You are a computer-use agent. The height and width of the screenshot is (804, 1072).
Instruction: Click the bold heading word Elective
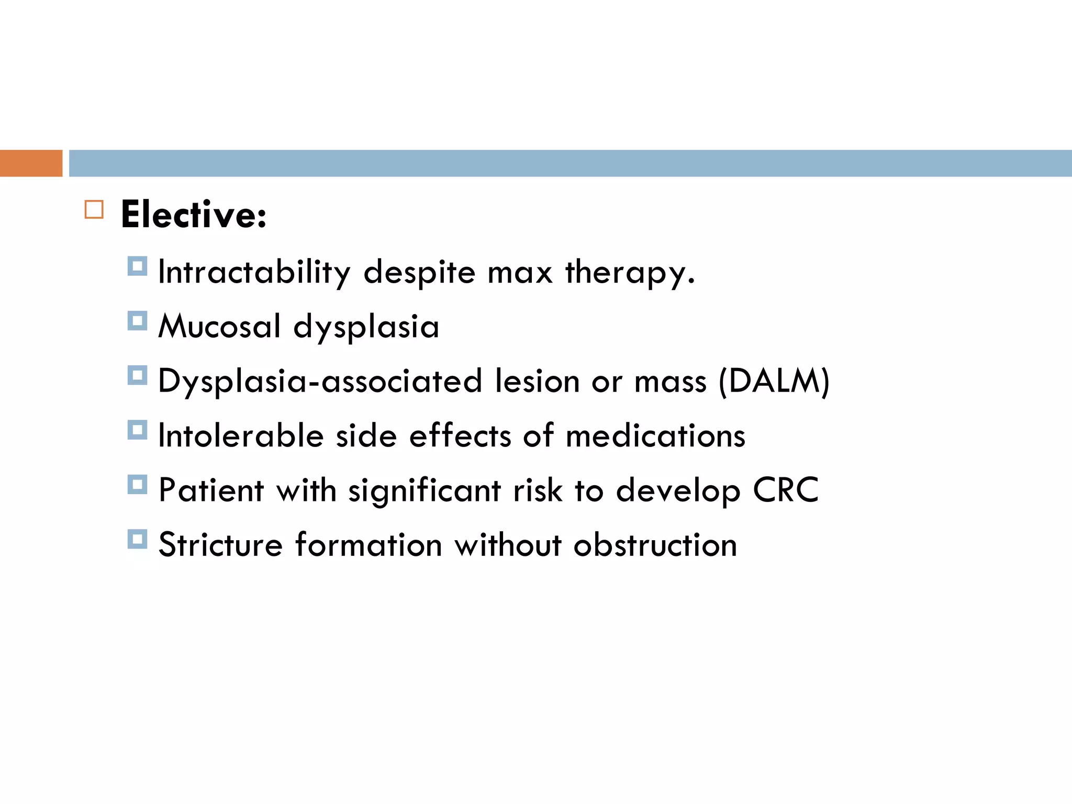click(193, 215)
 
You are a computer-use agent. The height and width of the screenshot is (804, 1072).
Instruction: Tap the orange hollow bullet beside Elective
click(94, 209)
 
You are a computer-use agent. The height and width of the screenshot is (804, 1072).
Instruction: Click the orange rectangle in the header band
click(31, 163)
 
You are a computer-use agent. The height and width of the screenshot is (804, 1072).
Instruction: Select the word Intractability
click(254, 272)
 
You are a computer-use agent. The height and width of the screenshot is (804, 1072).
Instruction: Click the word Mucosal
click(219, 327)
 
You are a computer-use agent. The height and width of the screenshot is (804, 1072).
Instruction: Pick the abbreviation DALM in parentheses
click(774, 381)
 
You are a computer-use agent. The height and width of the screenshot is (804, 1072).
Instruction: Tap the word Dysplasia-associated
click(320, 381)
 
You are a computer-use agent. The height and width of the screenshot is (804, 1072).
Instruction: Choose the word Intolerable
click(241, 435)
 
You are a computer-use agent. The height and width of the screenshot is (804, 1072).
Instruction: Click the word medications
click(655, 435)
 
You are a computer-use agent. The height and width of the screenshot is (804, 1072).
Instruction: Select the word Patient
click(211, 490)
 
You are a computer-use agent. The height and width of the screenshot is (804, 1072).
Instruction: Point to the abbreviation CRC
click(786, 490)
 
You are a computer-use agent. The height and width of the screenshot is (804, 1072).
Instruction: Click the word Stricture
click(220, 545)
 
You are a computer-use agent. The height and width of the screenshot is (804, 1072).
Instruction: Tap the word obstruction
click(655, 545)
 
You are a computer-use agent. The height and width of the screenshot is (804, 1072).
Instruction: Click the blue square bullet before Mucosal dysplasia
click(137, 321)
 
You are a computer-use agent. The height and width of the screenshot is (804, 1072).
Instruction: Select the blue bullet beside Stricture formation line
click(137, 539)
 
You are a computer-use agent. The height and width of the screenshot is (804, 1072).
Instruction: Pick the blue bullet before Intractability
click(137, 266)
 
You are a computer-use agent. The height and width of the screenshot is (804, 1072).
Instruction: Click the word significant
click(425, 490)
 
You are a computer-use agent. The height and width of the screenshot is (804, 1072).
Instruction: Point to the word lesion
click(537, 381)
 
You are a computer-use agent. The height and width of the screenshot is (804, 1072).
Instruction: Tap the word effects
click(460, 435)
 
